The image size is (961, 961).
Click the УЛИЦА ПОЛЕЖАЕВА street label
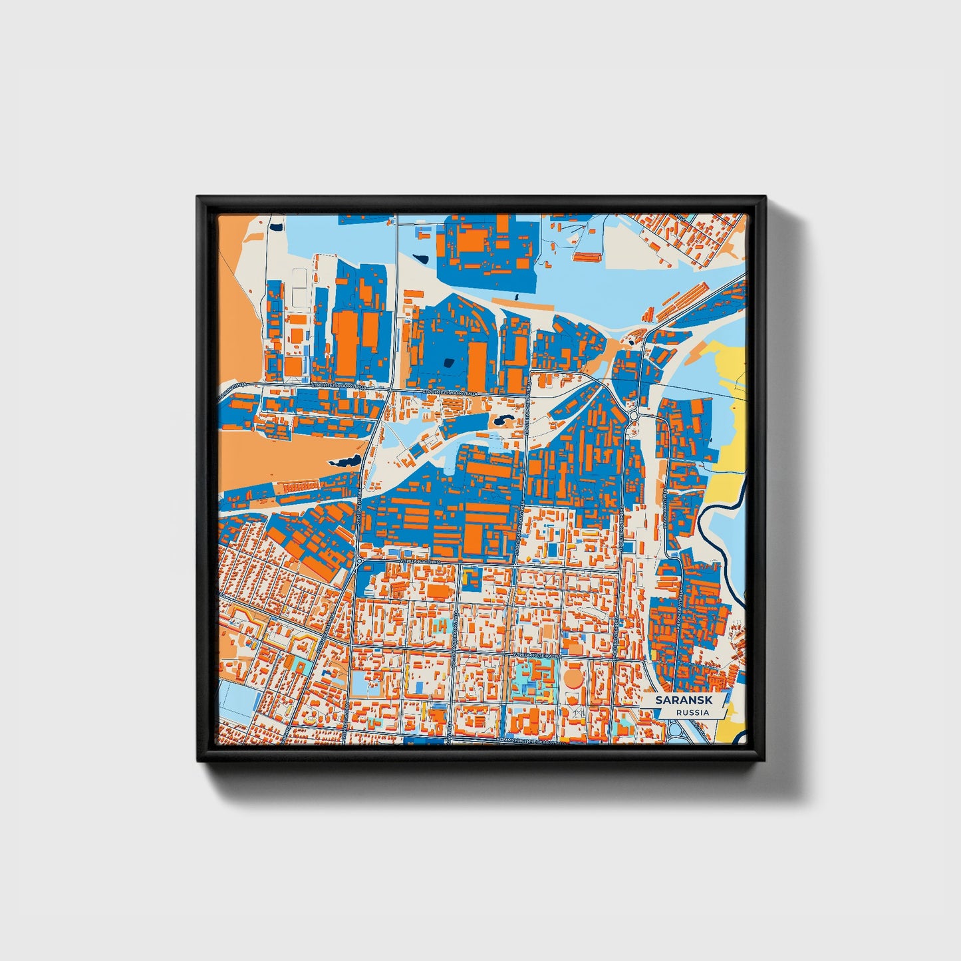(x=536, y=655)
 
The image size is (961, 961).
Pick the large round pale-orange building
(x=573, y=678)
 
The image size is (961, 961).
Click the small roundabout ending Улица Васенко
(x=360, y=563)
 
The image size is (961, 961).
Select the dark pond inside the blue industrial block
(x=448, y=362)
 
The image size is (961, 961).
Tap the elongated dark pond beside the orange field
(x=346, y=460)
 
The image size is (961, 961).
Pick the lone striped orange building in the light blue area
(x=587, y=256)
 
